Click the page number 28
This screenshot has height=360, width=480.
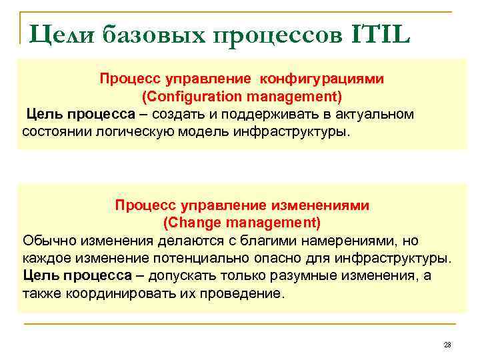click(x=447, y=345)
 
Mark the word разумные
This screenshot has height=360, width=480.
click(x=306, y=275)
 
